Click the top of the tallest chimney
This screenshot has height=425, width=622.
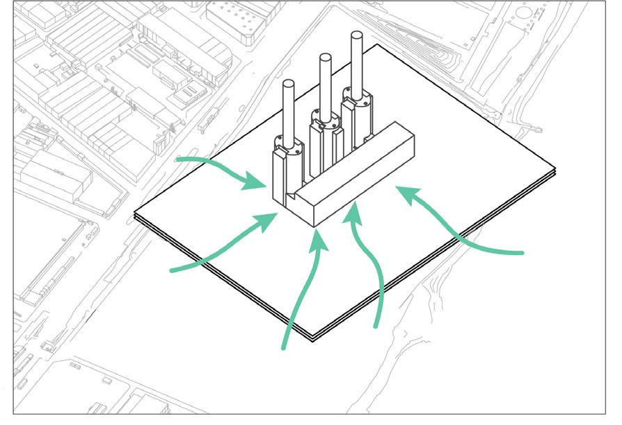358,36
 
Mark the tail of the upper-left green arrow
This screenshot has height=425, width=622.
177,160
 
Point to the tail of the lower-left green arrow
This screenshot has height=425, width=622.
171,269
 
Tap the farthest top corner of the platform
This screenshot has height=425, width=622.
376,45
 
